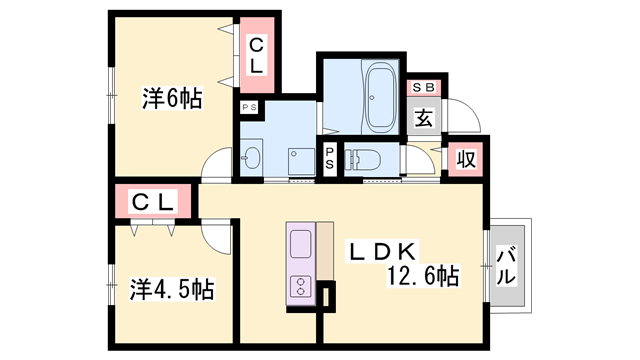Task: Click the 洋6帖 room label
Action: pos(172,99)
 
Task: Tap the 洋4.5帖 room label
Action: pos(172,290)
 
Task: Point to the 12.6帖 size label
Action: pos(421,275)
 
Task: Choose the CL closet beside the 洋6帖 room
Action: pos(256,54)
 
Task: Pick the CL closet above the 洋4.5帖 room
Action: pos(155,203)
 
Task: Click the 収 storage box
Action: pos(465,158)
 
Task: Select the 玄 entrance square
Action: pos(423,118)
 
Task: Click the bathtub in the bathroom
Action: pos(380,98)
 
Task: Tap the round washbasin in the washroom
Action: pos(251,158)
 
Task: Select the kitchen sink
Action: pos(301,244)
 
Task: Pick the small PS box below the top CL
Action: pos(248,105)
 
